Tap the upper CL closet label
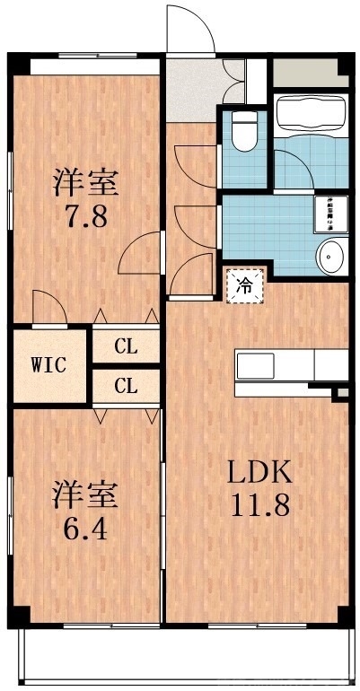(x=126, y=345)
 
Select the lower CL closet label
(x=126, y=387)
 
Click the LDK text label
(x=259, y=471)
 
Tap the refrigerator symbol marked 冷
(x=244, y=286)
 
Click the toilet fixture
(x=242, y=132)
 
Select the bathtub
(x=310, y=114)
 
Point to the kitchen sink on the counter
(x=255, y=366)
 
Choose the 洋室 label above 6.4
(x=84, y=494)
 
